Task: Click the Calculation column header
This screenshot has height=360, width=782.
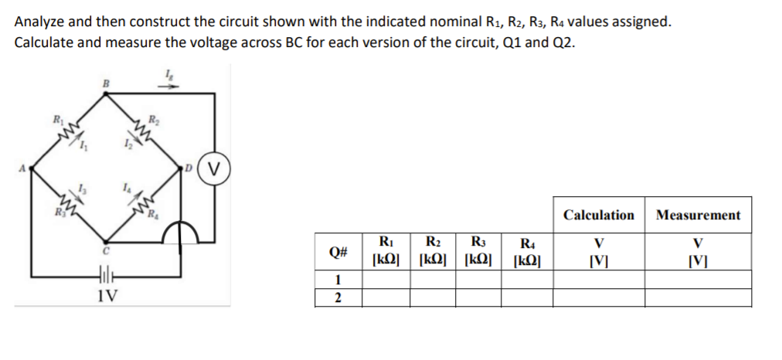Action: pyautogui.click(x=599, y=215)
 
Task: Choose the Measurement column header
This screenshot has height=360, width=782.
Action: pyautogui.click(x=698, y=215)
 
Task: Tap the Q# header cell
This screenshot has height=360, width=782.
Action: pyautogui.click(x=338, y=252)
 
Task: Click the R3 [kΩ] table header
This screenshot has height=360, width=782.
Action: pyautogui.click(x=479, y=251)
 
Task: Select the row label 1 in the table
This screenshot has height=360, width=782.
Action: pyautogui.click(x=338, y=280)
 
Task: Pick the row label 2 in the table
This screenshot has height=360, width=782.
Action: pyautogui.click(x=338, y=298)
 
